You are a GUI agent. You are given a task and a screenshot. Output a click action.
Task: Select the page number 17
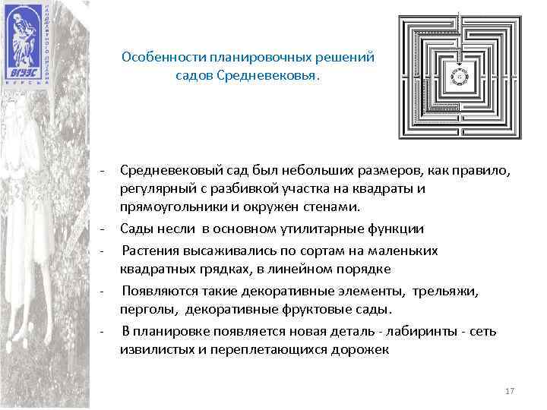pyautogui.click(x=510, y=390)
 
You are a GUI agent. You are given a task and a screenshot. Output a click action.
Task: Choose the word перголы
pyautogui.click(x=144, y=309)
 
